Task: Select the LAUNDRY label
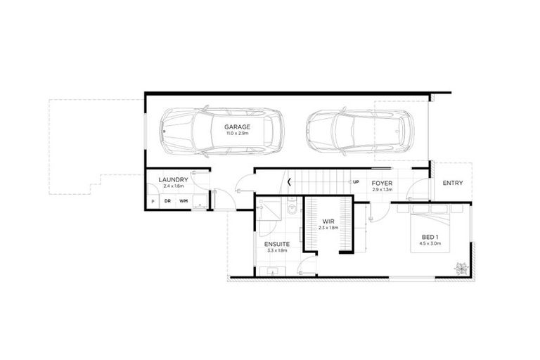(x=172, y=180)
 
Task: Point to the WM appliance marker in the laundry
(x=184, y=201)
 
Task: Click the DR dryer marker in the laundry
(x=167, y=201)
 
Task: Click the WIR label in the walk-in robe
(x=328, y=221)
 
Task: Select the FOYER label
(x=382, y=184)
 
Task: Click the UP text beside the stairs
(x=356, y=182)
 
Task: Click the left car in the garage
(x=219, y=131)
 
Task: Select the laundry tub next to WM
(x=200, y=205)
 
